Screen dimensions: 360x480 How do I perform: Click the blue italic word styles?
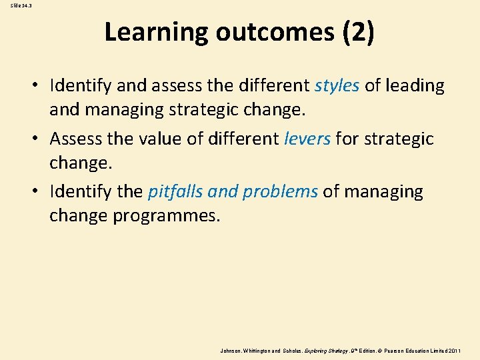tap(337, 85)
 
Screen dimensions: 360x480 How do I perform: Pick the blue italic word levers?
tap(307, 139)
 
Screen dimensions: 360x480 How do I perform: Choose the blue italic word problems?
tap(280, 192)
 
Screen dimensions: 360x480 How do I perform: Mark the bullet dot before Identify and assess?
tap(40, 86)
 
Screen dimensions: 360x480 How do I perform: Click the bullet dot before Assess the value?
tap(40, 139)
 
